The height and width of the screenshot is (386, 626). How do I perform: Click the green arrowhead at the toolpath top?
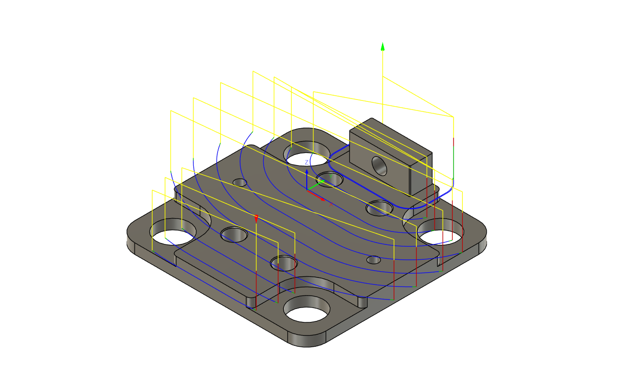pos(382,46)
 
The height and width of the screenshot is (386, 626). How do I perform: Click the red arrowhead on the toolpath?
pos(257,219)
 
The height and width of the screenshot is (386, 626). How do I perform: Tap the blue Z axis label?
pos(306,163)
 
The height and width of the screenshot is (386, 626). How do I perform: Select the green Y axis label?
pos(330,176)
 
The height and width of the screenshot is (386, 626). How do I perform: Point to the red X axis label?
pos(331,203)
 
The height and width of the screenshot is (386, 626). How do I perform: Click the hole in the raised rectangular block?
pos(379,165)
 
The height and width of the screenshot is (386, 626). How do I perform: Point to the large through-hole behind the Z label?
pos(308,157)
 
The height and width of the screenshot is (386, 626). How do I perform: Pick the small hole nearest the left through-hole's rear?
pos(239,183)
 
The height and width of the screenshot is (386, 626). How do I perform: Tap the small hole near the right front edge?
pos(373,260)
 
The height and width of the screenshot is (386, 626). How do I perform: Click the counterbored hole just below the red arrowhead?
pos(283,263)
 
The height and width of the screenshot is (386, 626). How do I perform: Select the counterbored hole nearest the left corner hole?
pos(233,235)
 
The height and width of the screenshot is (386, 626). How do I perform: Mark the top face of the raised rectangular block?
pos(390,138)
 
